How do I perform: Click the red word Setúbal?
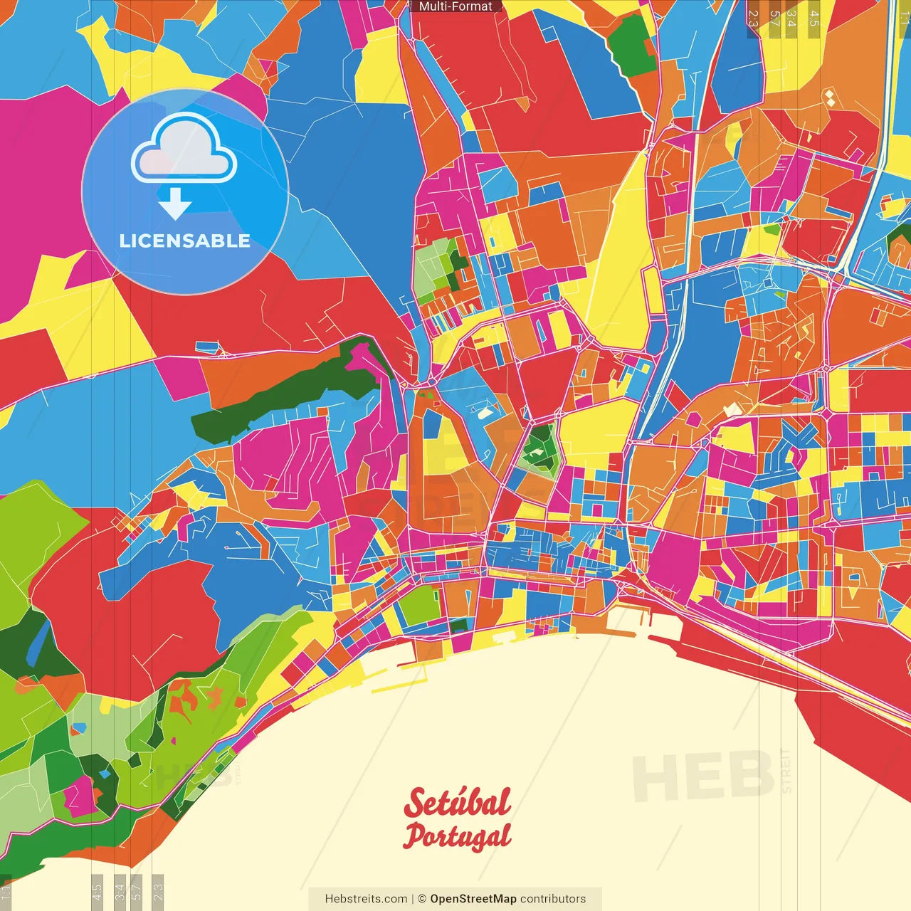click(457, 803)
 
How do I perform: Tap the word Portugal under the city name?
click(457, 837)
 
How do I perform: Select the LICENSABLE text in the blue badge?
click(185, 241)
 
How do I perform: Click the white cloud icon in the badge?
click(184, 149)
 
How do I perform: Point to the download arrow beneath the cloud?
click(175, 204)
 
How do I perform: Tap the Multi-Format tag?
click(455, 6)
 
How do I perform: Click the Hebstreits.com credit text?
click(366, 899)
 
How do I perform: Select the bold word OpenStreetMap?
click(473, 899)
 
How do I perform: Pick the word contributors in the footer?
click(553, 899)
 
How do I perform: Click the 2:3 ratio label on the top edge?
click(753, 19)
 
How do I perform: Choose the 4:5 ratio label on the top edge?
click(814, 19)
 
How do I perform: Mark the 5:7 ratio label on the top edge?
click(774, 19)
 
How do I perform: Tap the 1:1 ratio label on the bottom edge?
click(6, 892)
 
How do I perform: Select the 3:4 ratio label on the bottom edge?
click(120, 892)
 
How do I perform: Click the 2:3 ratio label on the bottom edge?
click(158, 892)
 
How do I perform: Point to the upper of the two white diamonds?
click(830, 94)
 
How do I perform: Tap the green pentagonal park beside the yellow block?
click(539, 449)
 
